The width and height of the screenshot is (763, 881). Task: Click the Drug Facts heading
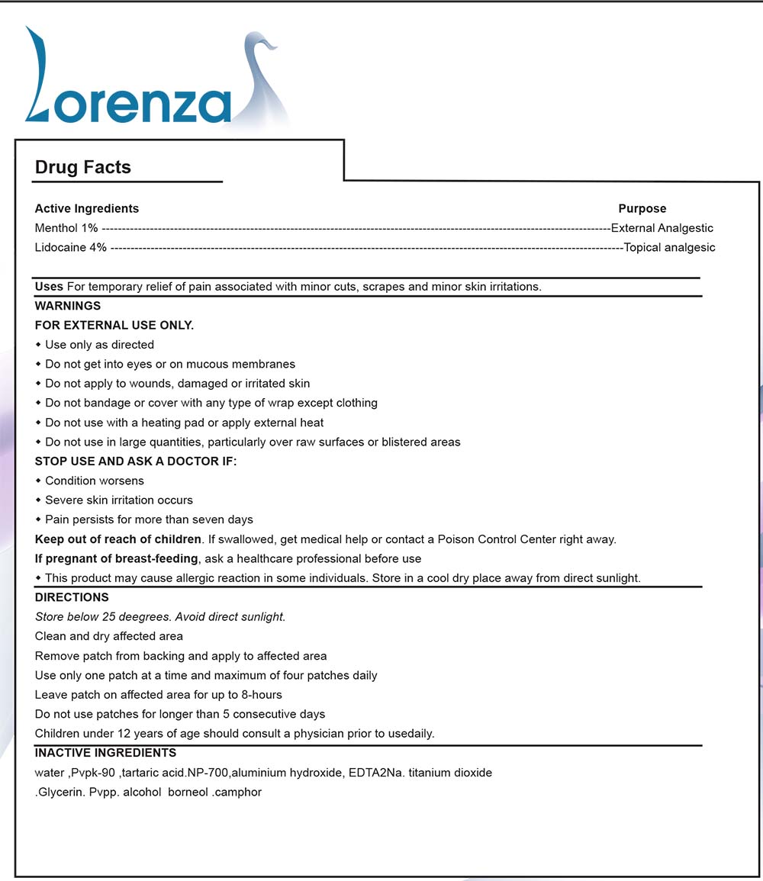(83, 168)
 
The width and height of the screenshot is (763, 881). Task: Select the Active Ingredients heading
(87, 208)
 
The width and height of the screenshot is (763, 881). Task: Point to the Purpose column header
(642, 208)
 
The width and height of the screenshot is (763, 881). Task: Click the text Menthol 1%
(66, 228)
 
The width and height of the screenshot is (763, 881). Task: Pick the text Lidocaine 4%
(71, 247)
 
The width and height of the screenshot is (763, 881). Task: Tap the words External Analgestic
(662, 228)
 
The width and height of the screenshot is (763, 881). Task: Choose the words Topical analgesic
(669, 247)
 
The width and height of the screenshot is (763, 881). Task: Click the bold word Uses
(49, 287)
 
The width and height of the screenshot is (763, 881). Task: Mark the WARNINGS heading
(68, 306)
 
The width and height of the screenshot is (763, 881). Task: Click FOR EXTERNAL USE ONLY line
(114, 326)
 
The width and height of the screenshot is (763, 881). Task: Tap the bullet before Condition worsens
(38, 481)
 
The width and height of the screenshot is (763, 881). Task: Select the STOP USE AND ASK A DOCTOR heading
(136, 461)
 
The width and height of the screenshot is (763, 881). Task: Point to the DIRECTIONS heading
(72, 597)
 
